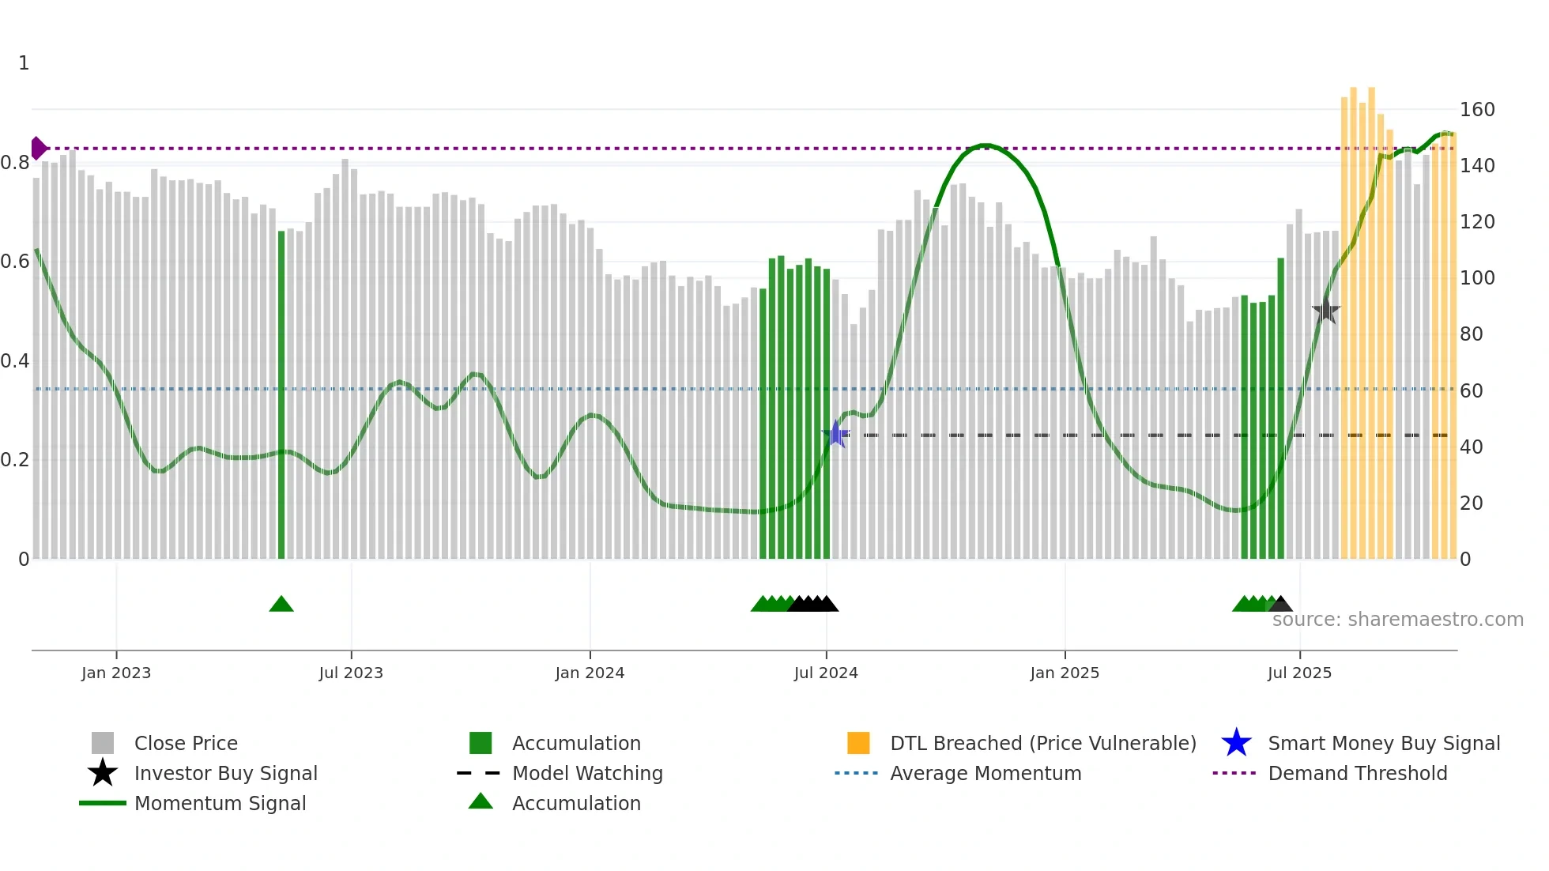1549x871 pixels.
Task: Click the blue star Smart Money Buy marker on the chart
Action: point(836,434)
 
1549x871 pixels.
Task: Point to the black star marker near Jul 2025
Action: point(1326,311)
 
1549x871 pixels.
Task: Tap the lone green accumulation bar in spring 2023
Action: point(281,395)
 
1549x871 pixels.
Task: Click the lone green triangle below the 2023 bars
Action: point(281,605)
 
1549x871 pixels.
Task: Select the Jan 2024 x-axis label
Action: point(590,673)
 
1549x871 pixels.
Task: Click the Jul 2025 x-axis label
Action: point(1299,673)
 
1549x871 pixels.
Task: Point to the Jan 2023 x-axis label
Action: point(116,673)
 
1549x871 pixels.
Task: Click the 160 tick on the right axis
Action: point(1476,110)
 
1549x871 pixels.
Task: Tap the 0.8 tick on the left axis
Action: point(15,163)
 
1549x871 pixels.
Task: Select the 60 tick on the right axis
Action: point(1471,390)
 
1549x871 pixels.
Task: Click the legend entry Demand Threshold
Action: point(1357,773)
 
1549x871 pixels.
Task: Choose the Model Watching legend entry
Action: point(587,773)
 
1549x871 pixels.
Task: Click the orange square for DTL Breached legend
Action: point(858,743)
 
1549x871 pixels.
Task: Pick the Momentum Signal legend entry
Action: point(220,803)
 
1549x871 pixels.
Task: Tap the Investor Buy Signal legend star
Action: point(103,773)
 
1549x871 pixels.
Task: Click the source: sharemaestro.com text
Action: point(1397,620)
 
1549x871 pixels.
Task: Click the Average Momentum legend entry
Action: point(985,773)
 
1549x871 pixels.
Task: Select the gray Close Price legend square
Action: point(103,743)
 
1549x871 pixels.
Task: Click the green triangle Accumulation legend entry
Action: point(481,802)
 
